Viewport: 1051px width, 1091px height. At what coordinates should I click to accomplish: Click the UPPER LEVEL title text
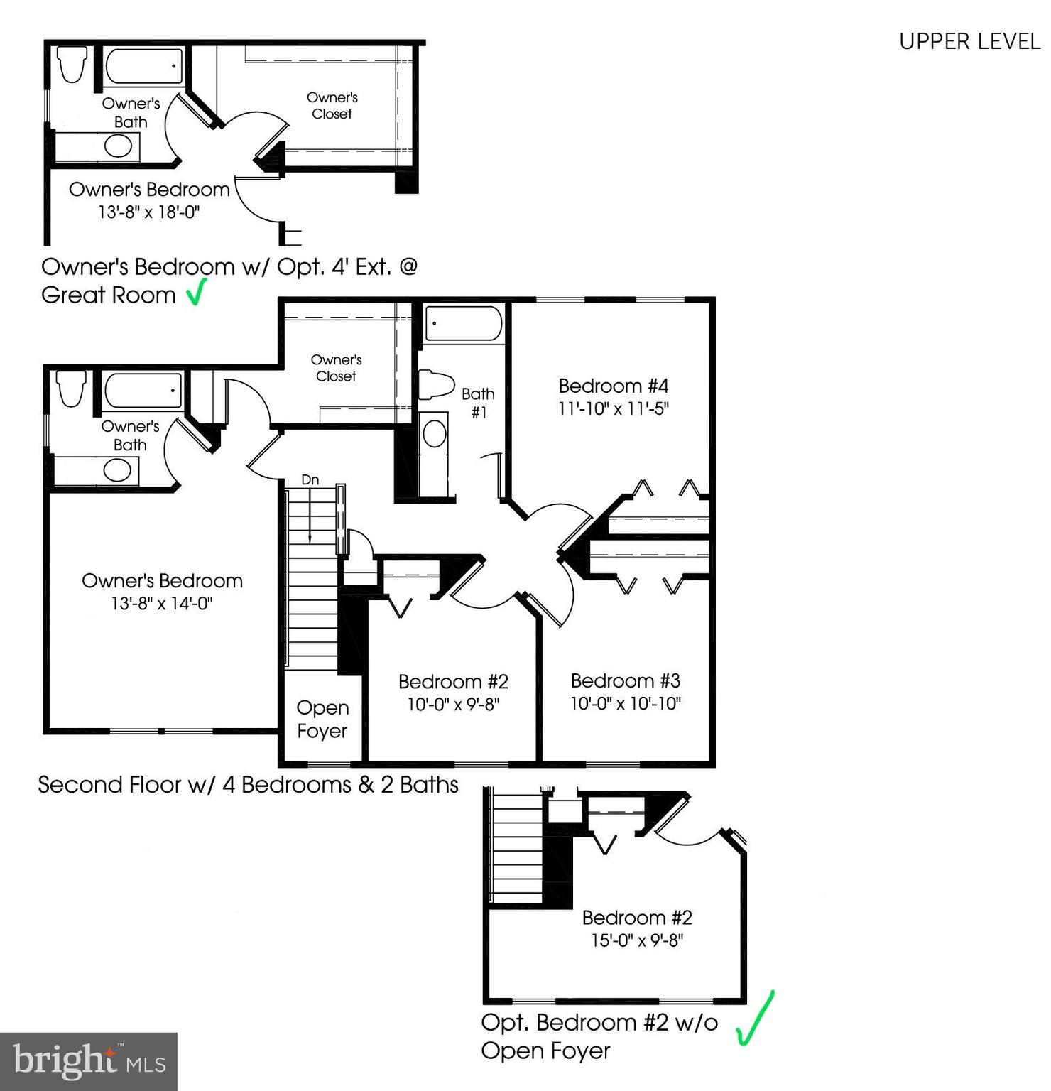pyautogui.click(x=969, y=42)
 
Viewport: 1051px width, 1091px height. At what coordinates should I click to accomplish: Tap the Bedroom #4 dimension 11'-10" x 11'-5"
pyautogui.click(x=614, y=409)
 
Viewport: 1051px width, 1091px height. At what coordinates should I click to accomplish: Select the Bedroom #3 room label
pyautogui.click(x=625, y=680)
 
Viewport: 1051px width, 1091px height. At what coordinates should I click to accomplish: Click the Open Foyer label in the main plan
pyautogui.click(x=322, y=719)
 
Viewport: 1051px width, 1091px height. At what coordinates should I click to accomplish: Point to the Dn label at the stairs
pyautogui.click(x=310, y=480)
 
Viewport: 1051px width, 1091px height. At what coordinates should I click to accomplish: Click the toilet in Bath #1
pyautogui.click(x=436, y=386)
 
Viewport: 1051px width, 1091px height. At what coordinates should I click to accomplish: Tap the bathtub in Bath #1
pyautogui.click(x=463, y=325)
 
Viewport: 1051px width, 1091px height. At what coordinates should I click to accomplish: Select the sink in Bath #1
pyautogui.click(x=435, y=433)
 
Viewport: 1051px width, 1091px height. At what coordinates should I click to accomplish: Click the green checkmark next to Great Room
pyautogui.click(x=196, y=292)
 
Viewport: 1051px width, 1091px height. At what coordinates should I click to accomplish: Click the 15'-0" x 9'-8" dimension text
pyautogui.click(x=637, y=940)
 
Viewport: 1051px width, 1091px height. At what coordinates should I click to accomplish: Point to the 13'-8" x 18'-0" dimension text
pyautogui.click(x=149, y=212)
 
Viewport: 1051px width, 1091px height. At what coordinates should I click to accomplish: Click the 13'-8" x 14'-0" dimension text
pyautogui.click(x=162, y=604)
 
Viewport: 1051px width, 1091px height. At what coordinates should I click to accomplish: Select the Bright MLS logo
pyautogui.click(x=89, y=1061)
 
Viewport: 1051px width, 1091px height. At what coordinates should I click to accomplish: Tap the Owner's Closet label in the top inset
pyautogui.click(x=332, y=106)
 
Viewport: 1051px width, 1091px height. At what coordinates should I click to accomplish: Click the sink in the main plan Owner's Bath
pyautogui.click(x=118, y=470)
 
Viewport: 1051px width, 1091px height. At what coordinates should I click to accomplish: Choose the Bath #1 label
pyautogui.click(x=478, y=403)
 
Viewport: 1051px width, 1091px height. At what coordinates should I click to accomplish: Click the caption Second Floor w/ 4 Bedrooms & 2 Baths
pyautogui.click(x=248, y=785)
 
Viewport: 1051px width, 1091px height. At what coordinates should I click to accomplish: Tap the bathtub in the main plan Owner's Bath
pyautogui.click(x=143, y=390)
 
